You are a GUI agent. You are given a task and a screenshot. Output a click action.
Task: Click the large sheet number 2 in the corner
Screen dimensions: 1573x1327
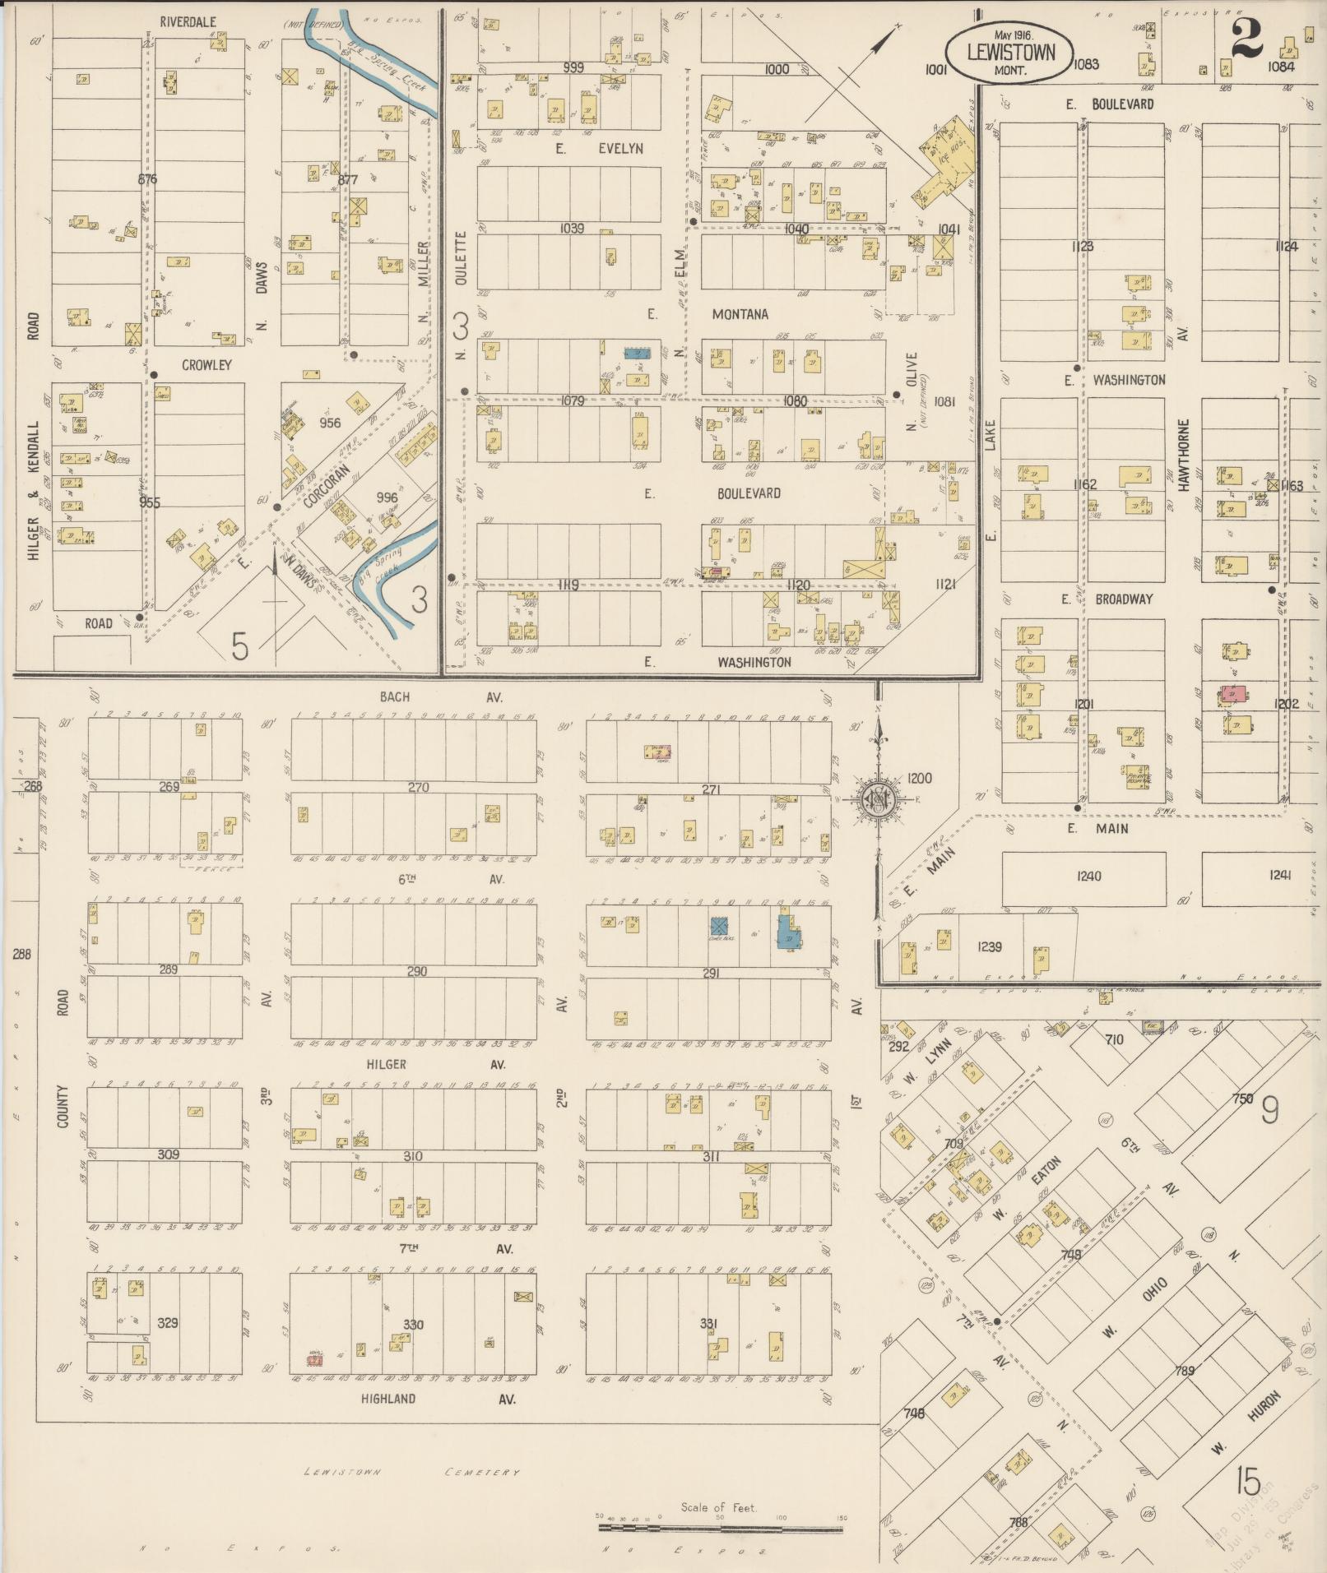pyautogui.click(x=1247, y=40)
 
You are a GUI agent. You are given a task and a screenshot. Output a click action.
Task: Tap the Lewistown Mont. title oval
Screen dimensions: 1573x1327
pyautogui.click(x=1010, y=52)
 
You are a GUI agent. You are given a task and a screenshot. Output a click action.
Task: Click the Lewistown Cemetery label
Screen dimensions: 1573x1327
pyautogui.click(x=411, y=1472)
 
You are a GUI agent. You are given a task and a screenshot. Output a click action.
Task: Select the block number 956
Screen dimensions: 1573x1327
pyautogui.click(x=329, y=423)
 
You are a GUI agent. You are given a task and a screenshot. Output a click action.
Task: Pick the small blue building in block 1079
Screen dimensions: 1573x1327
pyautogui.click(x=636, y=353)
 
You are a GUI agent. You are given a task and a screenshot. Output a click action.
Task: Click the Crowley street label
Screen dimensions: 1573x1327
pyautogui.click(x=206, y=365)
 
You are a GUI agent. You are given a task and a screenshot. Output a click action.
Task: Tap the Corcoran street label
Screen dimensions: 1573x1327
pyautogui.click(x=327, y=488)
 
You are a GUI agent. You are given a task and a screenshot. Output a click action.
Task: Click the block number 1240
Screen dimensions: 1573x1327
pyautogui.click(x=1088, y=877)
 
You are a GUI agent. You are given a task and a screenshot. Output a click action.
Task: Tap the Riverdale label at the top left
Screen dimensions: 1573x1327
pyautogui.click(x=188, y=22)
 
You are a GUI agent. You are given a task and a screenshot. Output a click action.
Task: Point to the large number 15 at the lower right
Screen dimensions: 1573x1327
pyautogui.click(x=1247, y=1483)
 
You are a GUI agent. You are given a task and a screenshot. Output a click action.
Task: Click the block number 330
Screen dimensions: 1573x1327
pyautogui.click(x=413, y=1325)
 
